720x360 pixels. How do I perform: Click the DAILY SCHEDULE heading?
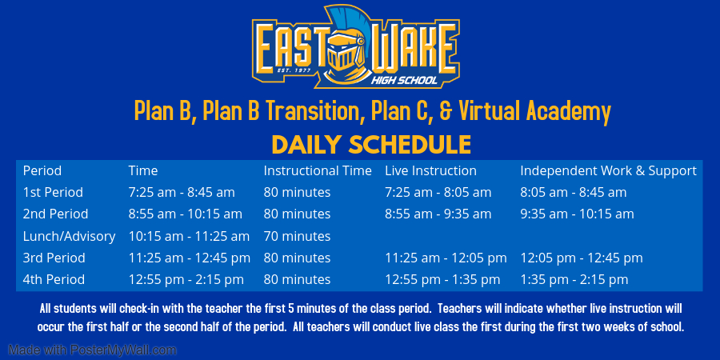pos(371,145)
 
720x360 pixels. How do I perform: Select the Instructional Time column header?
pos(318,171)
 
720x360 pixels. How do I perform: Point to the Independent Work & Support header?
pos(609,171)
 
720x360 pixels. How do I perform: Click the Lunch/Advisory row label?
pos(69,237)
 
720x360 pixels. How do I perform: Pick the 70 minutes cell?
pos(297,237)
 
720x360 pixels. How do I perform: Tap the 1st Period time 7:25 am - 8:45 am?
pos(182,192)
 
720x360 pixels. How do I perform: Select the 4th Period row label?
pos(54,280)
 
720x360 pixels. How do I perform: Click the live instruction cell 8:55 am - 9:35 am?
pos(438,214)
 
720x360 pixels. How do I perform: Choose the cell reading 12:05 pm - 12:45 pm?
pos(582,258)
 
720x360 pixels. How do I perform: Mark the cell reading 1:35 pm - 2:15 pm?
pos(574,280)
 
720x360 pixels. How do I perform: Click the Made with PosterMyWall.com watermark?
pos(92,350)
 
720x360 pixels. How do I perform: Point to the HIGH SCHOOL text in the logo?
pos(404,81)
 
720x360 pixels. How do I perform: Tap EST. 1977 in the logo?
pos(294,70)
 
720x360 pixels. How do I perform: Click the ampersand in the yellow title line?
pos(446,111)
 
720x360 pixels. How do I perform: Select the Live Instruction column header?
pos(430,171)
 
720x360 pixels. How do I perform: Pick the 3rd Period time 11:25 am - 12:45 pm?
pos(189,258)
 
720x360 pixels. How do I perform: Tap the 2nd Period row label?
pos(55,214)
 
